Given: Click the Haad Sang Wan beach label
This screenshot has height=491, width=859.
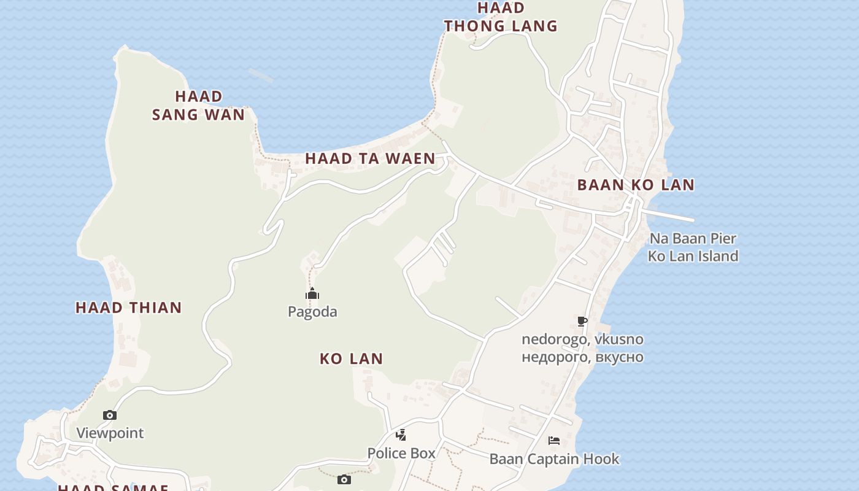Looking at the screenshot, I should [x=198, y=106].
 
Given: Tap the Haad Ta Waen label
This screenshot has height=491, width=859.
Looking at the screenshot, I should [x=370, y=158].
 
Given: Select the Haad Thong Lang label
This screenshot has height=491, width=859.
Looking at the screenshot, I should [x=501, y=17].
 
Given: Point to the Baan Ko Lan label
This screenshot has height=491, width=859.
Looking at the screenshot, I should [x=636, y=185].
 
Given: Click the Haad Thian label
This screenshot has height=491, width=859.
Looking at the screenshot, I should [x=129, y=307].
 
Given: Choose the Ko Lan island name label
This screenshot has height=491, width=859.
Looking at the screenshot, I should [x=351, y=358].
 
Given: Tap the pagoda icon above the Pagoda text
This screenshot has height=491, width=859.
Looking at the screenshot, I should [x=312, y=294].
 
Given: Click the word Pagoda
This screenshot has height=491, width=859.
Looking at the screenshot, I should [x=312, y=312].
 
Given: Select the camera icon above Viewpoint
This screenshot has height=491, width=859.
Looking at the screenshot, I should [x=110, y=416].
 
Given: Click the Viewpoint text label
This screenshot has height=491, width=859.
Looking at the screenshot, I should [x=110, y=433].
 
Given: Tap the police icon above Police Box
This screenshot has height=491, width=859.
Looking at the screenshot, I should [x=401, y=435].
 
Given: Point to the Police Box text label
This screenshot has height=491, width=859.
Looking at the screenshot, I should [x=401, y=454].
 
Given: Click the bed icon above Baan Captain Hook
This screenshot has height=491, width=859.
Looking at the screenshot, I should [x=554, y=441].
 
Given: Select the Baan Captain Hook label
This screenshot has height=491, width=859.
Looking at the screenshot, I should [x=554, y=459].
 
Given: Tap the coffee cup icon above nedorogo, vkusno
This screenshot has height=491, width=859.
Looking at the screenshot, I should [x=582, y=321].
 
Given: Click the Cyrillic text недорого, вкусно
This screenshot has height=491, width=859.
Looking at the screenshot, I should [x=582, y=357].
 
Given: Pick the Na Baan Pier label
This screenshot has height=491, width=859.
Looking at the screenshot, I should [x=693, y=239].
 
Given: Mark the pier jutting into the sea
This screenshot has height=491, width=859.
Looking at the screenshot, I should [x=669, y=215].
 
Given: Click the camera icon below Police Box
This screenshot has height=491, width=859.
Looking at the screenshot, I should [x=344, y=479].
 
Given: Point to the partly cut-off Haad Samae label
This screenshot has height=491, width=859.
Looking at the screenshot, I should [x=114, y=487].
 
